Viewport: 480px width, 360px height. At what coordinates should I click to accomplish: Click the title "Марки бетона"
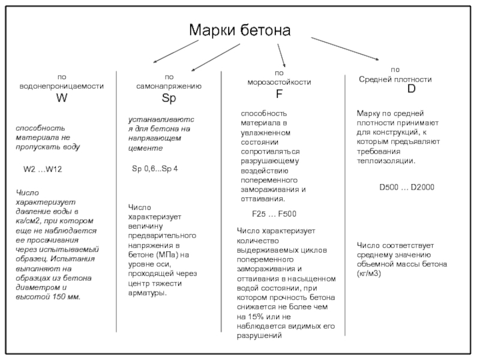click(x=239, y=30)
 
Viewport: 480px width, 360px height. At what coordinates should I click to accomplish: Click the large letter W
click(x=62, y=98)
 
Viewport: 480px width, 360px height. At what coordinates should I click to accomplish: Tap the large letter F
click(x=279, y=94)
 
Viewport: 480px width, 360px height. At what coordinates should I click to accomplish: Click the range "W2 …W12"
click(x=43, y=170)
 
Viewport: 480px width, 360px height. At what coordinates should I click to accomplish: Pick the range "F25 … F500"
click(x=274, y=214)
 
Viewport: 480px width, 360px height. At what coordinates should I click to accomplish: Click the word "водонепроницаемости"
click(x=62, y=86)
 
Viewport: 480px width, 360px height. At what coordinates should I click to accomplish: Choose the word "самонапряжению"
click(x=169, y=86)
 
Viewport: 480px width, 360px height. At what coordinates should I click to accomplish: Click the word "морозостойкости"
click(x=280, y=82)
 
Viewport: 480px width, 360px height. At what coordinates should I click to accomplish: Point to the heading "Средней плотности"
click(x=395, y=79)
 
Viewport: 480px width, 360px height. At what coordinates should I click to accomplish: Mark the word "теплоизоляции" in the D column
click(x=385, y=161)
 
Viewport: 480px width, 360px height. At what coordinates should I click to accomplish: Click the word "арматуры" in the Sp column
click(x=147, y=293)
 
